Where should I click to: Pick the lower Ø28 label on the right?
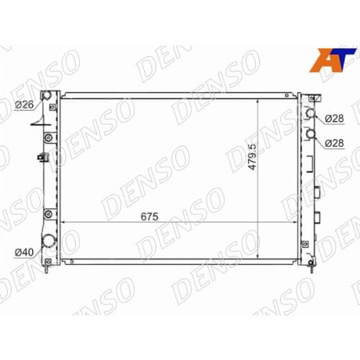pos(333,143)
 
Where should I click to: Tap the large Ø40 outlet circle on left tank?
pos(48,243)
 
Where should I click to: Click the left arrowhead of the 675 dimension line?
pos(63,222)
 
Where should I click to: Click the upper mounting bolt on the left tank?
pos(48,137)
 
